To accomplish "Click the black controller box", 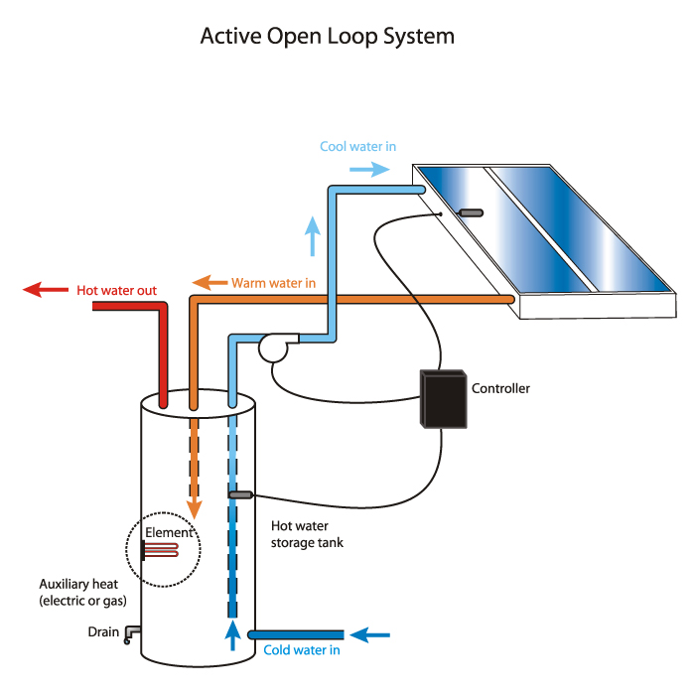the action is [444, 398].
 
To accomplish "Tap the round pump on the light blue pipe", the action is [274, 348].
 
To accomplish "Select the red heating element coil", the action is [161, 550].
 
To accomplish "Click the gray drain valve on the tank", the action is [132, 633].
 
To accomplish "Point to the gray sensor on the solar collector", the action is [471, 213].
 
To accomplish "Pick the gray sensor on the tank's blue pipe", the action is [240, 494].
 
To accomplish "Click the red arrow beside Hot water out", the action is [46, 290].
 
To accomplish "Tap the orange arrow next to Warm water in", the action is [209, 283].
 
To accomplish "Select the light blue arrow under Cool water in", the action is [369, 169].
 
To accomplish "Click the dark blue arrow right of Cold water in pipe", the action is [369, 635].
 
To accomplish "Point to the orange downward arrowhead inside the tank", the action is [194, 509].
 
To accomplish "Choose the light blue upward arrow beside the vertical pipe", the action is [313, 236].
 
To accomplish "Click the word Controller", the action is [500, 388].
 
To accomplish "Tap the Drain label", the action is [103, 631].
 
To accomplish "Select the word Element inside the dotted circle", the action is [169, 532].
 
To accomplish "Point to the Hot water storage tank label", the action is [307, 534].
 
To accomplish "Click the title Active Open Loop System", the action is [328, 37].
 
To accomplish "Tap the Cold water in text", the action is [302, 650].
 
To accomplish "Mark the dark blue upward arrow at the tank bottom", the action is [232, 635].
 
